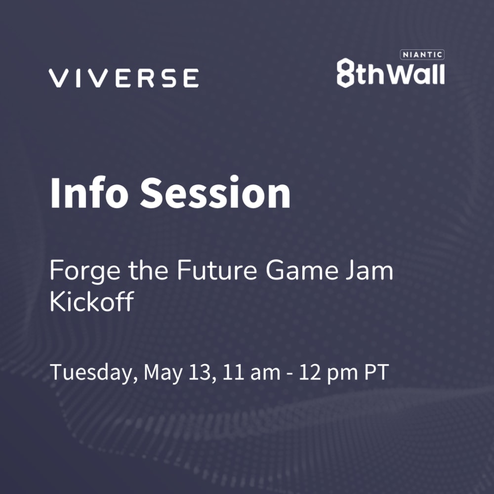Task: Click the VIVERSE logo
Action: pyautogui.click(x=124, y=78)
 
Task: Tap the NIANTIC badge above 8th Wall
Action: pyautogui.click(x=422, y=54)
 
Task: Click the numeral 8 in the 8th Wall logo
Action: pyautogui.click(x=346, y=73)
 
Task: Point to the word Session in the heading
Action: pyautogui.click(x=215, y=193)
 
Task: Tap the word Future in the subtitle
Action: pyautogui.click(x=217, y=270)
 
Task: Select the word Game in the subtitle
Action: pyautogui.click(x=302, y=270)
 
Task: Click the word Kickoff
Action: pyautogui.click(x=92, y=301)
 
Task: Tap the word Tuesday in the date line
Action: pyautogui.click(x=94, y=373)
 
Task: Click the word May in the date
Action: pyautogui.click(x=163, y=373)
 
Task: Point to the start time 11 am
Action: pyautogui.click(x=251, y=372)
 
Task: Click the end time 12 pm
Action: pyautogui.click(x=329, y=373)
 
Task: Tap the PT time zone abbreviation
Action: pyautogui.click(x=376, y=372)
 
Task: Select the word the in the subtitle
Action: pyautogui.click(x=148, y=270)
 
